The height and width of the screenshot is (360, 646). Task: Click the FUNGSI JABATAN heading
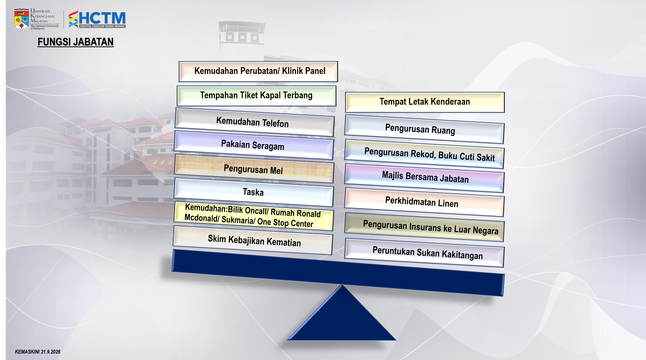coord(76,42)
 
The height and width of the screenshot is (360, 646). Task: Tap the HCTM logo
coord(97,19)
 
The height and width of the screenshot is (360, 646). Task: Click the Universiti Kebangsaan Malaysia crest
coord(21,19)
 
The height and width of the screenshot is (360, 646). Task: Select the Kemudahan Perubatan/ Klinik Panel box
coord(258,71)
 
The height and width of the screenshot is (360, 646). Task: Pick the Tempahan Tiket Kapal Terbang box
coord(256,96)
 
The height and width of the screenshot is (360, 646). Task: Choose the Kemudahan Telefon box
coord(254,122)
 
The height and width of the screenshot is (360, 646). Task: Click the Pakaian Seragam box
coord(254,145)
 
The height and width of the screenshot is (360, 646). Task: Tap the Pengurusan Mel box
coord(254,169)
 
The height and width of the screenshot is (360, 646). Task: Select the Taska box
coord(254,192)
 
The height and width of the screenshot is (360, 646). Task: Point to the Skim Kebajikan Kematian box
coord(253,240)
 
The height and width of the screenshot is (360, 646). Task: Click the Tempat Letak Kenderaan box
coord(425,102)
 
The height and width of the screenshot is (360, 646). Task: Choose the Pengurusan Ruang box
coord(424,129)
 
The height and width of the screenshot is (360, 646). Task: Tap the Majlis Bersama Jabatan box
coord(424,178)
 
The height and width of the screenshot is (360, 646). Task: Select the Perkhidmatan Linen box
coord(424,202)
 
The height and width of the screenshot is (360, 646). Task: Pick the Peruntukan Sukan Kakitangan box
coord(424,253)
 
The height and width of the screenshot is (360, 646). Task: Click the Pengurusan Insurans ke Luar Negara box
coord(424,227)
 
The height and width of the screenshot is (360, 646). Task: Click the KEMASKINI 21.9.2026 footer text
coord(37,352)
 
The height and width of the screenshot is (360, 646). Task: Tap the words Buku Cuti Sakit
coord(466,156)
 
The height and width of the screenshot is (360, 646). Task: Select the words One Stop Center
coord(285,222)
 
